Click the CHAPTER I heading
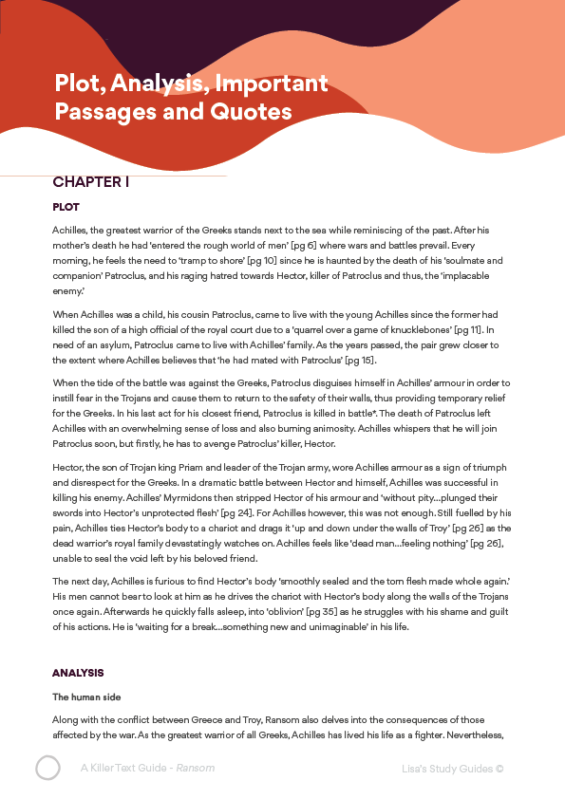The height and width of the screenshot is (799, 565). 91,182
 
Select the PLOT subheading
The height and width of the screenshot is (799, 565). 66,207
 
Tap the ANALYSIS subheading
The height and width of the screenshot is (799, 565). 78,673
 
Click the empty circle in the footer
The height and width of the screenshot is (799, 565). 48,768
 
